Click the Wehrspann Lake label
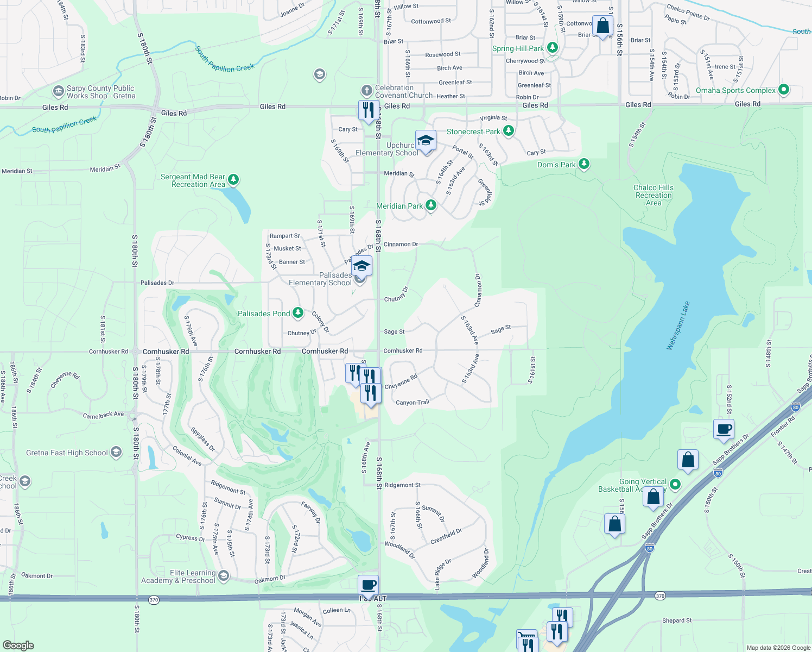[x=678, y=325]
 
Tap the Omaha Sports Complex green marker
[x=783, y=90]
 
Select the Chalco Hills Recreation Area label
[x=654, y=195]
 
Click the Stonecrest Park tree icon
[x=509, y=131]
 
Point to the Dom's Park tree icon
[x=584, y=164]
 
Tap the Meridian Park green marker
[x=431, y=205]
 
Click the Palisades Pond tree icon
[x=298, y=313]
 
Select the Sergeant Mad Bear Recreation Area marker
[x=233, y=179]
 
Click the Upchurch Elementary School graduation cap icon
[x=426, y=141]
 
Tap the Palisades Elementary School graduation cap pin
[x=361, y=267]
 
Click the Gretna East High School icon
[x=116, y=452]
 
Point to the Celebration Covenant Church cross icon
[x=367, y=90]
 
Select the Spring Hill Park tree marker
[x=553, y=48]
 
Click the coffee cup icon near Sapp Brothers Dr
[x=724, y=429]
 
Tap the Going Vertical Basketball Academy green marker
[x=675, y=484]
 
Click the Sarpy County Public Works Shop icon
[x=59, y=91]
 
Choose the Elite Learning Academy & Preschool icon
[x=224, y=575]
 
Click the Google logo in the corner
[x=18, y=645]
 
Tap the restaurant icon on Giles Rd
[x=369, y=110]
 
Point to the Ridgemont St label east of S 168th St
[x=402, y=485]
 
